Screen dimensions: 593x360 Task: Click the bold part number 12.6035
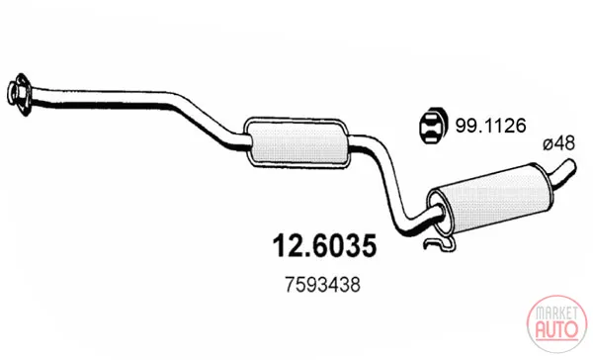pyautogui.click(x=324, y=245)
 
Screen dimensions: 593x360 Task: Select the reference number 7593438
pyautogui.click(x=322, y=285)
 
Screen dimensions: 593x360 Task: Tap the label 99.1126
pyautogui.click(x=490, y=126)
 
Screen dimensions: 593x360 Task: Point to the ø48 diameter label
pyautogui.click(x=558, y=144)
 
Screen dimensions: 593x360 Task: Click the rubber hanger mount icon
pyautogui.click(x=433, y=127)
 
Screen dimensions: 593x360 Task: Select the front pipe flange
pyautogui.click(x=19, y=95)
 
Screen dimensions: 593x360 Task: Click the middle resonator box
pyautogui.click(x=297, y=142)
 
